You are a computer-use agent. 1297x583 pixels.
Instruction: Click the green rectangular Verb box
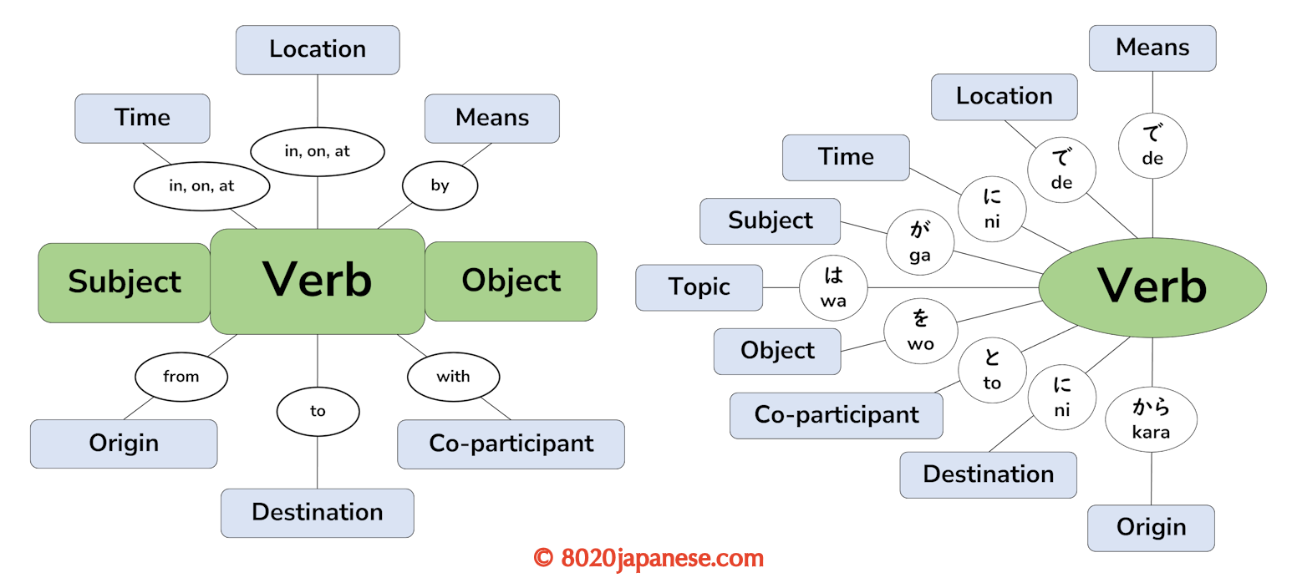[318, 281]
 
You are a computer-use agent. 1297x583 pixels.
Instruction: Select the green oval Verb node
[1152, 286]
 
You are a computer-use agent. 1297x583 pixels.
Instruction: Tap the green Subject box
[124, 282]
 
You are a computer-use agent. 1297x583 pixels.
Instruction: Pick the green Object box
[511, 281]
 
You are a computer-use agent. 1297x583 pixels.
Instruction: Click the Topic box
[699, 287]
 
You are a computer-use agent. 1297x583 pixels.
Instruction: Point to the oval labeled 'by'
[440, 185]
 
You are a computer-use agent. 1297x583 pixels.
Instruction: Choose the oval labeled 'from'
[181, 376]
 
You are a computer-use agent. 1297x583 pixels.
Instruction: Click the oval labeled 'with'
[453, 376]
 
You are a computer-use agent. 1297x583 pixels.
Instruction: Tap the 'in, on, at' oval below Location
[318, 152]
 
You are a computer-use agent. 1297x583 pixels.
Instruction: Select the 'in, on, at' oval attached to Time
[201, 185]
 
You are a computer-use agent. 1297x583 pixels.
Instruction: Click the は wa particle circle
[833, 286]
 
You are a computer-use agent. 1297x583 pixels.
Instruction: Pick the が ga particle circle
[919, 242]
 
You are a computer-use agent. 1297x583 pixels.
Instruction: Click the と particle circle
[992, 370]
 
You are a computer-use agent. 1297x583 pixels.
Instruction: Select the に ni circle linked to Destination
[1061, 398]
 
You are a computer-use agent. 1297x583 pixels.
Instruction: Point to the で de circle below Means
[1152, 145]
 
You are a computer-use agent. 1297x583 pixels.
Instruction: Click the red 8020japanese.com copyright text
[648, 558]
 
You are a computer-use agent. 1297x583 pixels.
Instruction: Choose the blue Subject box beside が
[770, 221]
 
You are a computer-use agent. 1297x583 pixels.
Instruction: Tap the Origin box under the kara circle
[1151, 528]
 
